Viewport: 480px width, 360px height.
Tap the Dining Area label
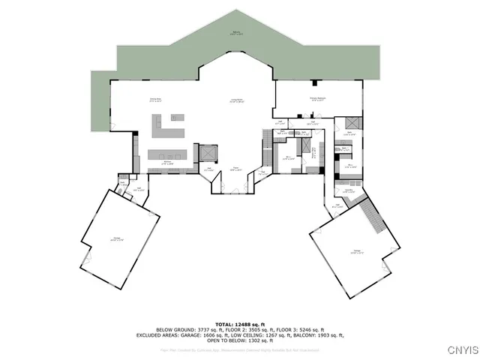156,100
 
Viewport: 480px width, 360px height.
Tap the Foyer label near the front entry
235,169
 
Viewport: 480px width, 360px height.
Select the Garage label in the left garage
117,239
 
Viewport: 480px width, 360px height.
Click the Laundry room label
349,192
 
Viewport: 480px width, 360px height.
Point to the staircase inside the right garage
373,219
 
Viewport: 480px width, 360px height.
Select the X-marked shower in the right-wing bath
349,124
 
